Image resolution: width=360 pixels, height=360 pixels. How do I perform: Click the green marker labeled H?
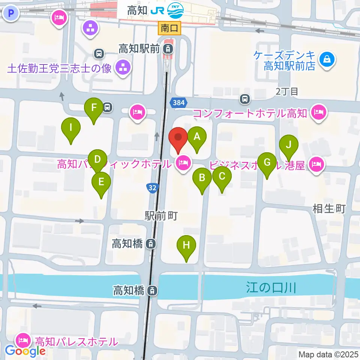(186, 246)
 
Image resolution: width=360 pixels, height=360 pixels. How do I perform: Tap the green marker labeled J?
(288, 145)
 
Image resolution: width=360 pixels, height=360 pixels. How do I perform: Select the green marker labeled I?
(71, 127)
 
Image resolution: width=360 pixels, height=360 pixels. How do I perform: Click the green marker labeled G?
(267, 163)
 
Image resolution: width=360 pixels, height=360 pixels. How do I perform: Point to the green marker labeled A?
(197, 137)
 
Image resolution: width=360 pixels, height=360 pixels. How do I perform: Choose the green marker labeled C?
(222, 176)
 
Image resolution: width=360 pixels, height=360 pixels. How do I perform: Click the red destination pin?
(178, 138)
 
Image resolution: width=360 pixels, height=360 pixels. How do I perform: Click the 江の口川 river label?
(271, 288)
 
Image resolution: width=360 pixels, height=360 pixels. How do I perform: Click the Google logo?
(25, 351)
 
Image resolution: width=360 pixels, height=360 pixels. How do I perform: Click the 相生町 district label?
(329, 209)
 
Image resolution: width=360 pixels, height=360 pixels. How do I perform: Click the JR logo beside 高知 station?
(157, 10)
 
